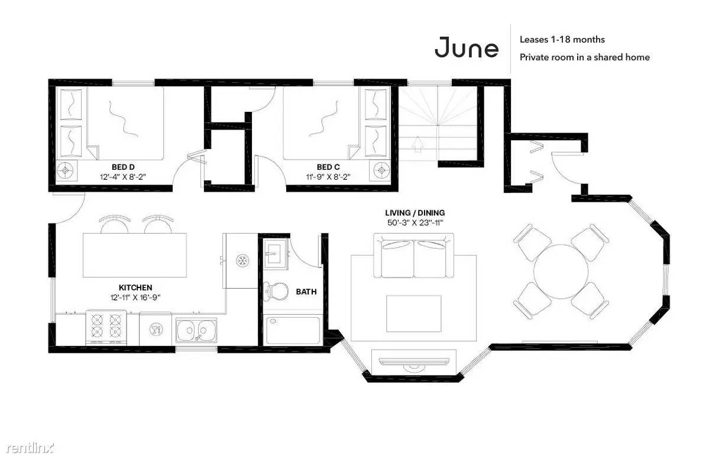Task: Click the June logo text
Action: coord(466,47)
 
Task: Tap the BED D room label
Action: coord(124,167)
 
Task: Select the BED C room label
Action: coord(328,167)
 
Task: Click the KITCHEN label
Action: coord(135,287)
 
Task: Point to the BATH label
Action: coord(306,292)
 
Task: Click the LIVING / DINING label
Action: coord(415,212)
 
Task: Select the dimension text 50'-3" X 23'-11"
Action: coord(415,222)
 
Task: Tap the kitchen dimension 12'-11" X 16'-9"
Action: coord(135,298)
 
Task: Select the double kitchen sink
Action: coord(197,330)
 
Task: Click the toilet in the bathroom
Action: coord(276,292)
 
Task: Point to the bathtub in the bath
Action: coord(293,331)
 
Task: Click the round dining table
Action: coord(561,271)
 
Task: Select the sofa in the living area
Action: coord(414,256)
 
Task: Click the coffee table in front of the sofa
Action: coord(414,313)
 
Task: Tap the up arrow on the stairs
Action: coord(418,143)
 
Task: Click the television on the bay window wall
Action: coord(414,362)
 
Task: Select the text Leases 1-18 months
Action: coord(562,40)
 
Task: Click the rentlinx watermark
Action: coord(30,448)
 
